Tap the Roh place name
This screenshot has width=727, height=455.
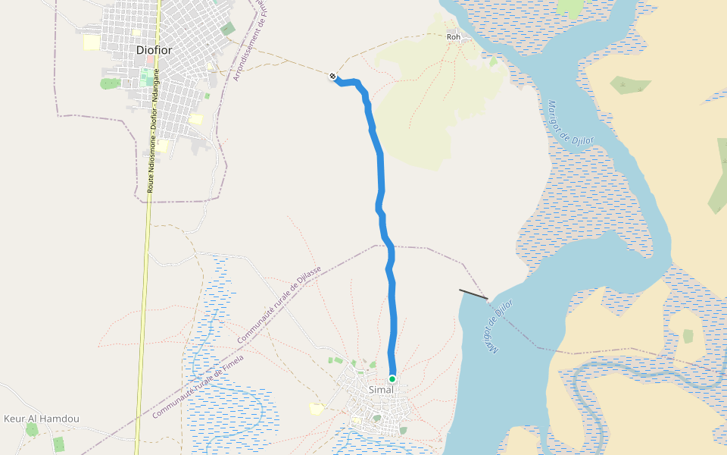[x=454, y=36]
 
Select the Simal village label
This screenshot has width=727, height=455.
[x=381, y=390]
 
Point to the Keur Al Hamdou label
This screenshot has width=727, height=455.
[x=42, y=419]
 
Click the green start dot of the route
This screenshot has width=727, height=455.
[x=392, y=378]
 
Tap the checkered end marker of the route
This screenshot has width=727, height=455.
[x=332, y=76]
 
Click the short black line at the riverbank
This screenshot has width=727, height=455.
[x=473, y=294]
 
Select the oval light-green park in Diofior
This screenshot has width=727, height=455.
[x=111, y=83]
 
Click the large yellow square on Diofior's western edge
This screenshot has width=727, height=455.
[x=91, y=42]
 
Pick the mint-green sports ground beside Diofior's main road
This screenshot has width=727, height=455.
[x=144, y=77]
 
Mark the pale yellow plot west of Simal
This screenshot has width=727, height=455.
[x=316, y=409]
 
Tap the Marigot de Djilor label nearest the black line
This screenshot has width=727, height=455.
[x=500, y=326]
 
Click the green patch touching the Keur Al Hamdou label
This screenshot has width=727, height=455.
[x=32, y=429]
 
